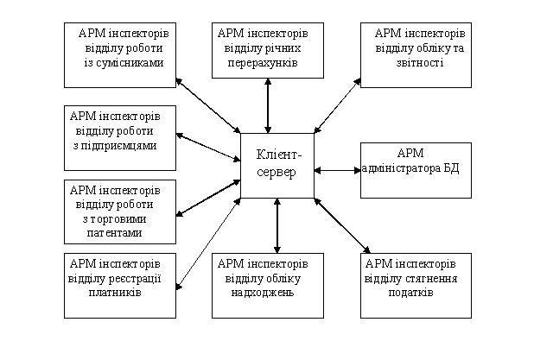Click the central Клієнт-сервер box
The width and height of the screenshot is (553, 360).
[277, 166]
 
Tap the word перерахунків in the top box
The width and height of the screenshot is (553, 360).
[263, 63]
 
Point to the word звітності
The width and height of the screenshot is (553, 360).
[420, 63]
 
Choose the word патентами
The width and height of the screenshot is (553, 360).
[115, 233]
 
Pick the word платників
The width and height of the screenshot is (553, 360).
[115, 293]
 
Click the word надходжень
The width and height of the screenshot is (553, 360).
[263, 293]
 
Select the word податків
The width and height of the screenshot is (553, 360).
[411, 293]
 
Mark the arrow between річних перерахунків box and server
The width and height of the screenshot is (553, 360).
[268, 105]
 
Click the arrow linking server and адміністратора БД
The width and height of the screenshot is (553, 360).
[338, 171]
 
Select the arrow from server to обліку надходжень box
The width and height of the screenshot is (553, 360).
[277, 225]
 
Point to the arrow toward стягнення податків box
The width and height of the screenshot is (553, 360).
[342, 226]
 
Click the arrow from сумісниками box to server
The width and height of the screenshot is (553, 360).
[208, 105]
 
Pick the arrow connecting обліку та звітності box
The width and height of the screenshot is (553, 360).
[338, 105]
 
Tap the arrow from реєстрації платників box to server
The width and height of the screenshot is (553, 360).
[208, 244]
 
